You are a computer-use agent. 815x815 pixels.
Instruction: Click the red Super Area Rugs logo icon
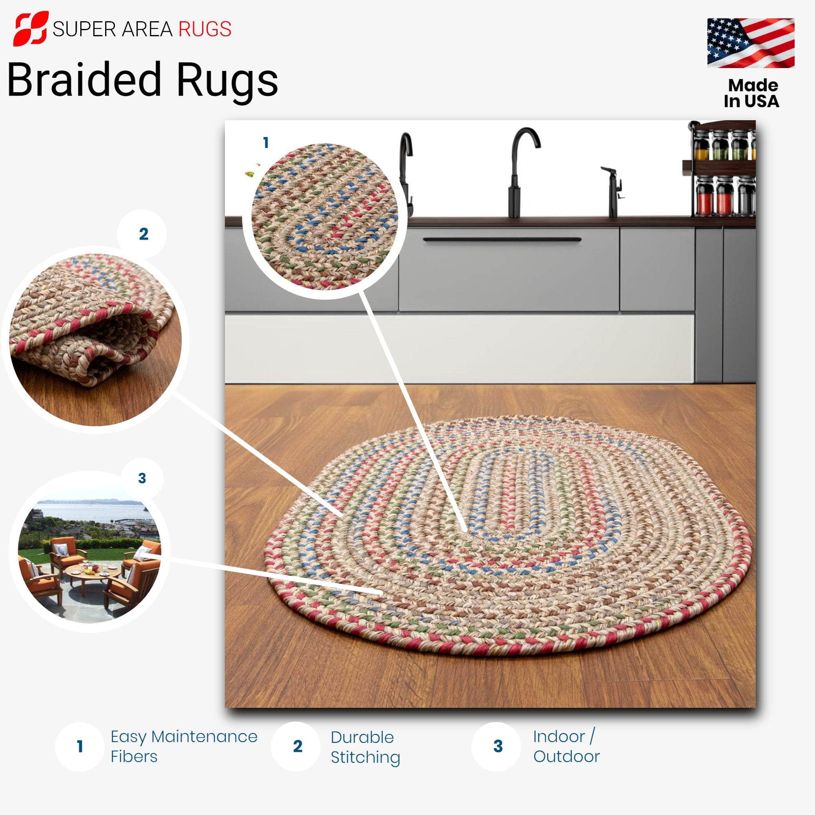tap(31, 29)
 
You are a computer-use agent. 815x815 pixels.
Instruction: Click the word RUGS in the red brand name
tap(205, 29)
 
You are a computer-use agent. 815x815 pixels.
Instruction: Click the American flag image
tap(751, 43)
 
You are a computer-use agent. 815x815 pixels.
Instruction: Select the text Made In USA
tap(752, 93)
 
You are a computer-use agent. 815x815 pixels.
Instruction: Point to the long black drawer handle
tap(502, 240)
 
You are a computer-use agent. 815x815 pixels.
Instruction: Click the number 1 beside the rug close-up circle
tap(266, 143)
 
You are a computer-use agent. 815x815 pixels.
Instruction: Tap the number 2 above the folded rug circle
tap(143, 234)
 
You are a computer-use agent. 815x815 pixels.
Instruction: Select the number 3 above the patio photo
tap(142, 478)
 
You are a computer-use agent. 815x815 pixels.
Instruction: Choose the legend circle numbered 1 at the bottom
tap(79, 747)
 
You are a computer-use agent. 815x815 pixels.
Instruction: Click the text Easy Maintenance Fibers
tap(184, 747)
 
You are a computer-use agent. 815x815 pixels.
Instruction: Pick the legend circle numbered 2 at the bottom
tap(297, 747)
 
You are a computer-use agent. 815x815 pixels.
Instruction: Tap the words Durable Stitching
tap(365, 747)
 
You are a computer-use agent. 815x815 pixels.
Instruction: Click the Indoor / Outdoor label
tap(566, 747)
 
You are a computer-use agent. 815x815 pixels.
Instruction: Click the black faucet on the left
tap(406, 173)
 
